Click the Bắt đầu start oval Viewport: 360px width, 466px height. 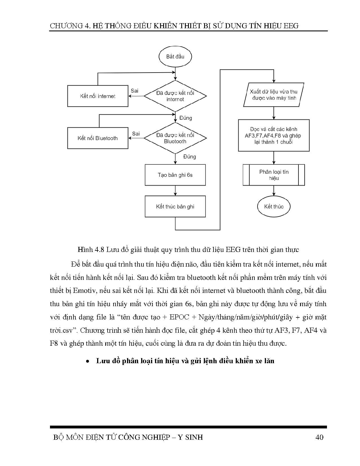tap(175, 56)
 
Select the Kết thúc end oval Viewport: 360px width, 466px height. tap(274, 206)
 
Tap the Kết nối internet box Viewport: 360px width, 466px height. tap(98, 96)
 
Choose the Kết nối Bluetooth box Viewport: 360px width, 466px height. tap(98, 138)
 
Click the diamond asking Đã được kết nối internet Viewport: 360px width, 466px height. tap(175, 96)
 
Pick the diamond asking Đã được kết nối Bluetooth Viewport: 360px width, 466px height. tap(175, 138)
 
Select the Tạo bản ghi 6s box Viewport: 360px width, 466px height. tap(175, 175)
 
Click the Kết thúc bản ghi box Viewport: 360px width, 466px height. tap(175, 206)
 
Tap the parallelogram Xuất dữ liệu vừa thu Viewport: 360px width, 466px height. tap(274, 95)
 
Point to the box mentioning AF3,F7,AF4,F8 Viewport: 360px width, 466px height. tap(274, 136)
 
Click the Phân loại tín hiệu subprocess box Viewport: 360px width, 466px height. tap(274, 175)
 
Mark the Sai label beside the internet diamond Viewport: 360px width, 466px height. tap(135, 91)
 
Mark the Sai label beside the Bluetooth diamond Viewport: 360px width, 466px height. tap(136, 134)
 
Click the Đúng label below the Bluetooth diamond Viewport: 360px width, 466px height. tap(189, 156)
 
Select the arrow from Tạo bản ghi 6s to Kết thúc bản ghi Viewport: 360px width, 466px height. tap(175, 191)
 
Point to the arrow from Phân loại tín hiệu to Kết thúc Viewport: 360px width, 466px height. tap(274, 191)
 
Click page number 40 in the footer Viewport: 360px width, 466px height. tap(319, 437)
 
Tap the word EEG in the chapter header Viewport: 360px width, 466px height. tap(289, 26)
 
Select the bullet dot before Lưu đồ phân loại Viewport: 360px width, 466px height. tap(88, 362)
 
